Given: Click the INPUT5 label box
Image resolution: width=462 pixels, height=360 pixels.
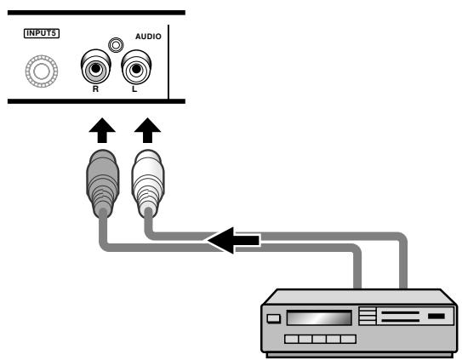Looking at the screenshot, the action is click(42, 33).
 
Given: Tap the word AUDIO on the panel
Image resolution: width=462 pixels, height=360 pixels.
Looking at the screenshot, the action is click(148, 37).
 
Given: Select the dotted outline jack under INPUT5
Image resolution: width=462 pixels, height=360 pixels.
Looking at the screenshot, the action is click(42, 71).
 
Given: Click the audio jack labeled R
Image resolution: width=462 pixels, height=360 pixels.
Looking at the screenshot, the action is click(96, 68).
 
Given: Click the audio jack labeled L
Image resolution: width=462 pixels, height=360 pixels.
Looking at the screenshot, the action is click(136, 68).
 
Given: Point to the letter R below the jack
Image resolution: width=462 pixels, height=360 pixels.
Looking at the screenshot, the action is click(95, 89).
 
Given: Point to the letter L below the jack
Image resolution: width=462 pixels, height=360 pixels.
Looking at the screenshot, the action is click(134, 89).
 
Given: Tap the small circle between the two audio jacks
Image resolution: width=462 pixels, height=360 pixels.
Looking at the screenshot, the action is click(116, 45).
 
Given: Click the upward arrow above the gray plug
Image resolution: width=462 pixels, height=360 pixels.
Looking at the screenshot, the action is click(102, 130).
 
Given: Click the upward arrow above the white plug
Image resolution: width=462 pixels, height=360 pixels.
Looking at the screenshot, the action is click(147, 130).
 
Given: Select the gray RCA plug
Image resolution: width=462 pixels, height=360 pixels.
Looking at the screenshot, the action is click(103, 183).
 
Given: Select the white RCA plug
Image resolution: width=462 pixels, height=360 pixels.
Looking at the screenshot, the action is click(148, 183).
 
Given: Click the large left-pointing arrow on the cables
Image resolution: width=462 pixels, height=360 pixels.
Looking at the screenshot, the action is click(233, 240).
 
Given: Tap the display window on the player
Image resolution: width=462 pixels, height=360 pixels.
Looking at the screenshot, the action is click(319, 317).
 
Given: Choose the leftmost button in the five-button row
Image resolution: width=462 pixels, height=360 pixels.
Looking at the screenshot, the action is click(291, 339).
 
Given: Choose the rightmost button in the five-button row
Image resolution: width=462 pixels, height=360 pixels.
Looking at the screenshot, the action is click(349, 339).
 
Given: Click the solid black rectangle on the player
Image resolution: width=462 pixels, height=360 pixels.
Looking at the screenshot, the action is click(436, 316).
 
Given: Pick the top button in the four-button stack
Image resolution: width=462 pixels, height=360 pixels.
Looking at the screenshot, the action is click(367, 309).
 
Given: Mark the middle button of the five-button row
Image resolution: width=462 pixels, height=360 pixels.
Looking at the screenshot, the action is click(320, 339).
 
